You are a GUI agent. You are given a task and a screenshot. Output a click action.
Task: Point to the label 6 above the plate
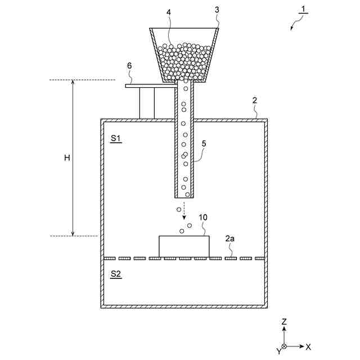(x=129, y=66)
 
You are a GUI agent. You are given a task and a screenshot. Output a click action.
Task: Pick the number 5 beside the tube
(x=204, y=143)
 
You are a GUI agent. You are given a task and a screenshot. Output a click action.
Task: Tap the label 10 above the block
(x=203, y=217)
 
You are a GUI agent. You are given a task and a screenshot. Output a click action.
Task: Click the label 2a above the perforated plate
(x=230, y=239)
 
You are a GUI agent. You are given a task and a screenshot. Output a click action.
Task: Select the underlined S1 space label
(x=115, y=138)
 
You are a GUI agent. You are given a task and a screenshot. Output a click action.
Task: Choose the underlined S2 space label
(x=115, y=274)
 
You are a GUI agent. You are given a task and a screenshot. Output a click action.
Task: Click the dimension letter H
(x=66, y=158)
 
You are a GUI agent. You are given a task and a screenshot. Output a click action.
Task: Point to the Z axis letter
(x=284, y=321)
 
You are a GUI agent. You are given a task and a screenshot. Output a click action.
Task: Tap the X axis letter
(x=308, y=346)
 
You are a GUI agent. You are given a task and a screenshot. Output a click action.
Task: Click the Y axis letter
(x=278, y=350)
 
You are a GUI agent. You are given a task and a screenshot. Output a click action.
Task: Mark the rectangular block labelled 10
(x=184, y=246)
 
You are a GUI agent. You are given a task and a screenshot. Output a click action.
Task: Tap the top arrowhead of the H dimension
(x=73, y=83)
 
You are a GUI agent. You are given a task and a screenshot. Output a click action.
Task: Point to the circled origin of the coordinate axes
(x=284, y=346)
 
